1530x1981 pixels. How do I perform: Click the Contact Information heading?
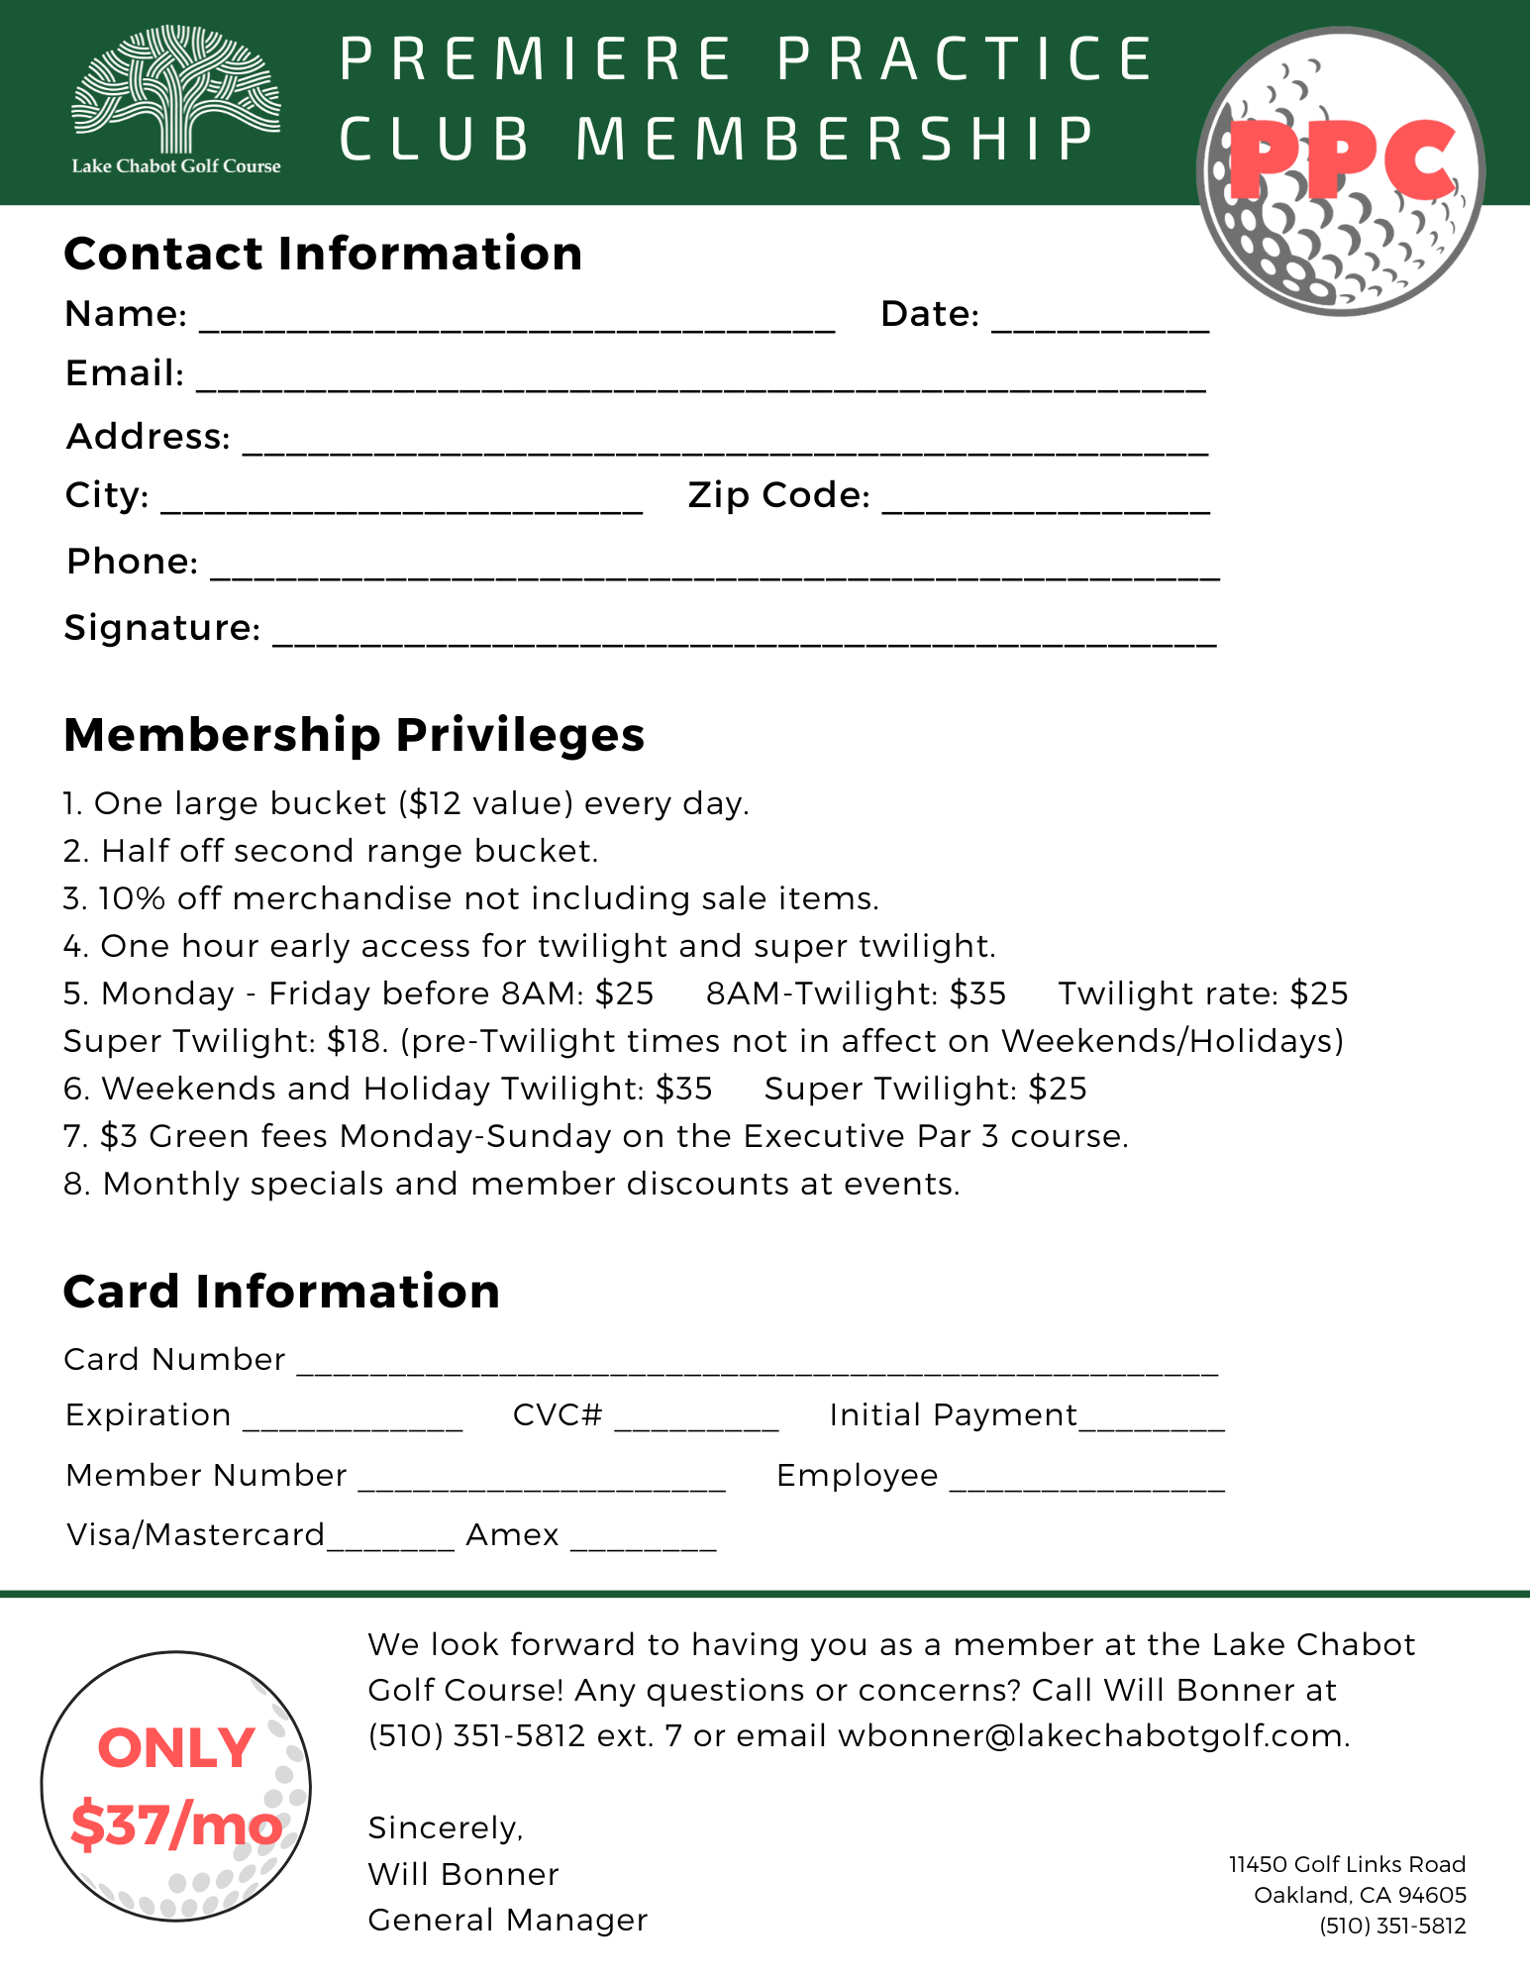pyautogui.click(x=323, y=254)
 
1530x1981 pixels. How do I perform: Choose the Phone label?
pyautogui.click(x=132, y=562)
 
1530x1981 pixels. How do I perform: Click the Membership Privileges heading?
pyautogui.click(x=354, y=735)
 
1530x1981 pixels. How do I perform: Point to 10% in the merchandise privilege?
pyautogui.click(x=132, y=898)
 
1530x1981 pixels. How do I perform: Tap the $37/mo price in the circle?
pyautogui.click(x=175, y=1825)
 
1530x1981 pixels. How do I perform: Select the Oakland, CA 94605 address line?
pyautogui.click(x=1360, y=1895)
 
